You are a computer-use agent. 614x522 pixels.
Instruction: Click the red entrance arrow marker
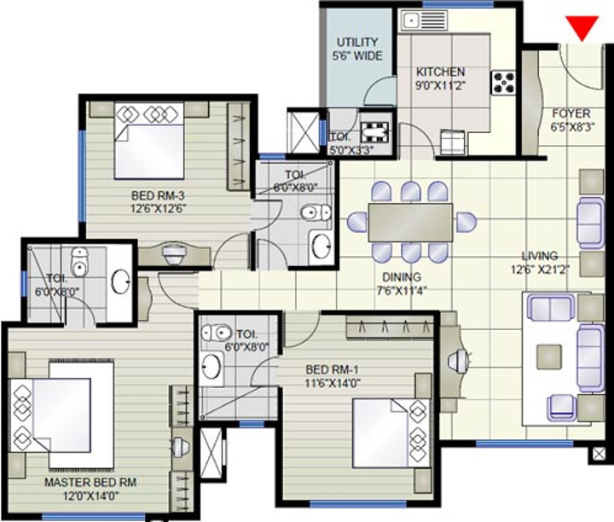(582, 27)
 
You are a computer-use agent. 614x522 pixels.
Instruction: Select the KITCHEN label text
(440, 72)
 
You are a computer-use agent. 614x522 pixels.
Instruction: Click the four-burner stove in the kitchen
(504, 84)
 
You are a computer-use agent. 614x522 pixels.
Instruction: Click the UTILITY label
(357, 42)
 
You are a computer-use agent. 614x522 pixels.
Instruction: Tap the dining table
(410, 223)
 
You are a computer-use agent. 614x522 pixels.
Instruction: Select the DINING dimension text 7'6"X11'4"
(402, 290)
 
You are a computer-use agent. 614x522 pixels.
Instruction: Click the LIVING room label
(540, 256)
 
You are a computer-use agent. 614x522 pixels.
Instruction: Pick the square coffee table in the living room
(549, 357)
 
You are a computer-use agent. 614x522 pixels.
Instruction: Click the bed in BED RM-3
(148, 141)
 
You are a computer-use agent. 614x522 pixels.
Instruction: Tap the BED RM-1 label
(332, 369)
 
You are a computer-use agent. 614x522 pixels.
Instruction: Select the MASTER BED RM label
(90, 482)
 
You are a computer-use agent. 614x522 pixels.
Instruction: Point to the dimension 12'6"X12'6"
(158, 208)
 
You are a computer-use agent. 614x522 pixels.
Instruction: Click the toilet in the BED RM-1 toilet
(216, 333)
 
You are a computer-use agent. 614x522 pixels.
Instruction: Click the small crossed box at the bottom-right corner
(598, 455)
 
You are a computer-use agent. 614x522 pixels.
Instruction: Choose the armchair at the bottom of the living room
(562, 408)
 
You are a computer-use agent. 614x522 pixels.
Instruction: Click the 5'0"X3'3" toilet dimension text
(352, 149)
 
